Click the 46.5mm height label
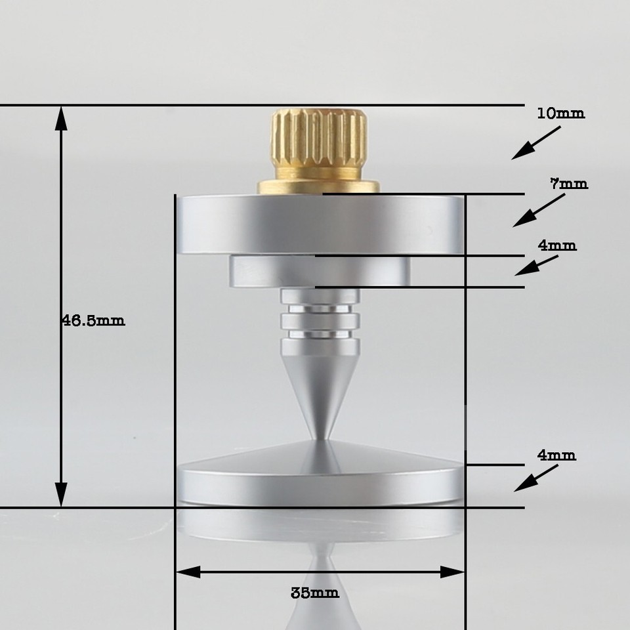point(93,321)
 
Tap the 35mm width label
point(315,593)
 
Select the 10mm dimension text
point(560,114)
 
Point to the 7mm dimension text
point(569,184)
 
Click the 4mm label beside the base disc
point(556,455)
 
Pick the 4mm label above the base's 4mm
point(557,246)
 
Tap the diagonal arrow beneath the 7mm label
point(538,211)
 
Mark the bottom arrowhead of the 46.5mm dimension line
point(61,493)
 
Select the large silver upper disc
point(320,224)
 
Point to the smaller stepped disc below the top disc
point(320,272)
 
